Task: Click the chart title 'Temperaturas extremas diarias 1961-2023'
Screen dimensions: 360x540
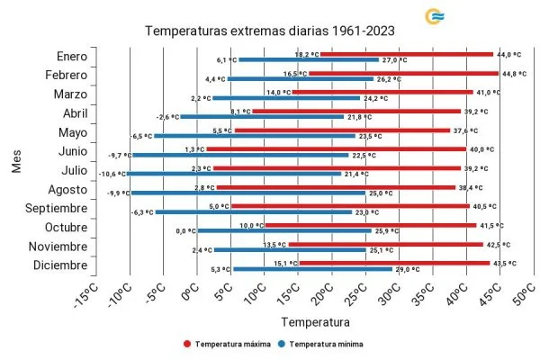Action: pyautogui.click(x=269, y=31)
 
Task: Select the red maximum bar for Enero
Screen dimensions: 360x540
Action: pyautogui.click(x=406, y=54)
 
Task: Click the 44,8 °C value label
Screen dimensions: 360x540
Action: pyautogui.click(x=513, y=73)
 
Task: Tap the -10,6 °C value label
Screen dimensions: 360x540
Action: pyautogui.click(x=112, y=173)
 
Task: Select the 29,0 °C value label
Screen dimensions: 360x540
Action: pyautogui.click(x=407, y=268)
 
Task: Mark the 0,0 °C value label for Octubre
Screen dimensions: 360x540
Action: pyautogui.click(x=186, y=230)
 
